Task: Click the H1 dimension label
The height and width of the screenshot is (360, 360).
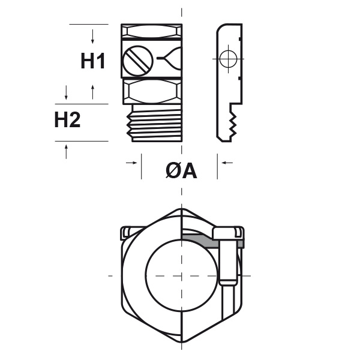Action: [93, 61]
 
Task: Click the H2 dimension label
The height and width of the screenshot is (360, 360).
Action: [67, 119]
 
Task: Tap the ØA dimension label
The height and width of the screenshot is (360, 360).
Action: [181, 171]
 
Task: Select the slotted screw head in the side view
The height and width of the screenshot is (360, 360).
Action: [138, 60]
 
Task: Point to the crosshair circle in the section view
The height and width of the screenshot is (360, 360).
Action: [228, 59]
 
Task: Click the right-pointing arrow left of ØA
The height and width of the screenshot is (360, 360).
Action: [131, 163]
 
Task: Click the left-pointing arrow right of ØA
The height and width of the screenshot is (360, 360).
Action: [227, 163]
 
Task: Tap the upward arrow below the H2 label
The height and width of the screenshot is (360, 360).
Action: [67, 152]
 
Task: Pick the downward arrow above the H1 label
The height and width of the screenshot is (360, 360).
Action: [92, 37]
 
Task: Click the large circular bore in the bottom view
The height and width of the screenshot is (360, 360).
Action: [181, 275]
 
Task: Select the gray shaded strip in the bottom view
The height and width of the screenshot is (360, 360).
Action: [212, 241]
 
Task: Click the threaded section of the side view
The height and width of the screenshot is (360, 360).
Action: [154, 123]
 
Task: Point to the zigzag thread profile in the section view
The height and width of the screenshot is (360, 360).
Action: [233, 123]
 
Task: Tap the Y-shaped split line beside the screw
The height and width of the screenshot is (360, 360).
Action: [169, 58]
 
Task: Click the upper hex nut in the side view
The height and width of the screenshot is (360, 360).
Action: [152, 32]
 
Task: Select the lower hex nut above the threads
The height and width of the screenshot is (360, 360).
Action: [152, 91]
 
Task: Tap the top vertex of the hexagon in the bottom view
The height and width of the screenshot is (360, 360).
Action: [181, 209]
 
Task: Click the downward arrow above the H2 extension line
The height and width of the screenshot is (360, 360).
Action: [67, 93]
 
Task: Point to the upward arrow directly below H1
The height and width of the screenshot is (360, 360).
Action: [93, 92]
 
